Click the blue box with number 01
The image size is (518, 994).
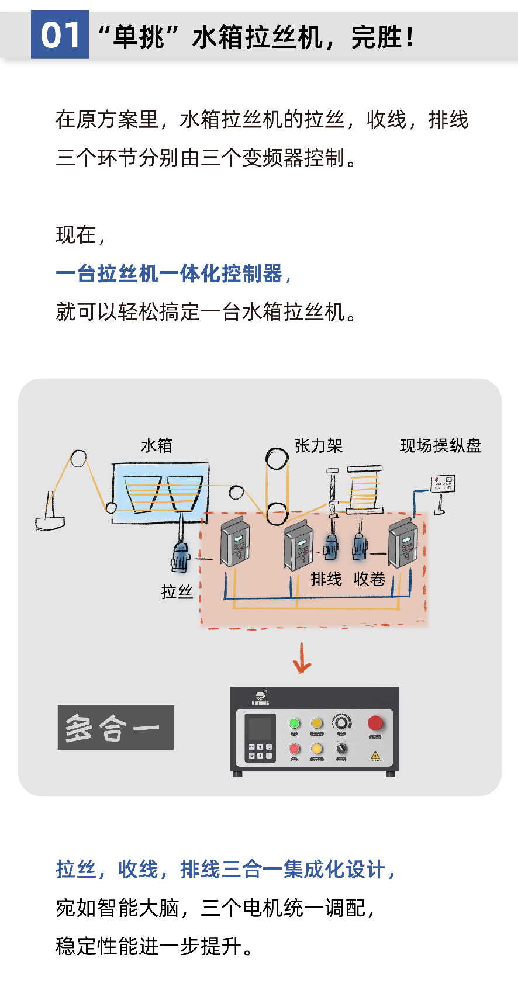[60, 34]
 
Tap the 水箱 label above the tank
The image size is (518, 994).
[157, 446]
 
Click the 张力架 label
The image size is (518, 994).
[318, 446]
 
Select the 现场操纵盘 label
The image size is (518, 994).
[441, 446]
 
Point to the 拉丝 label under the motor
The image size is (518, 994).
[177, 591]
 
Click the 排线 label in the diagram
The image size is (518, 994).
[326, 579]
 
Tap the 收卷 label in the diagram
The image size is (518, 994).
[369, 579]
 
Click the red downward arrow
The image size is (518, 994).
[302, 659]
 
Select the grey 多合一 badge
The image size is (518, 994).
[116, 728]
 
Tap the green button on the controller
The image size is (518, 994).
[295, 723]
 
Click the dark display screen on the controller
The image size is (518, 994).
[260, 729]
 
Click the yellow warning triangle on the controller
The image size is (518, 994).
[375, 755]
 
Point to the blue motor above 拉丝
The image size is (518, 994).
[180, 555]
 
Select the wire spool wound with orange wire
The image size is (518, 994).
[365, 490]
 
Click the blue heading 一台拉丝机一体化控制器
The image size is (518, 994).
[170, 273]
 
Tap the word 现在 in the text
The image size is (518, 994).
[76, 235]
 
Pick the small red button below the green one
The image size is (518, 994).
[295, 749]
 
